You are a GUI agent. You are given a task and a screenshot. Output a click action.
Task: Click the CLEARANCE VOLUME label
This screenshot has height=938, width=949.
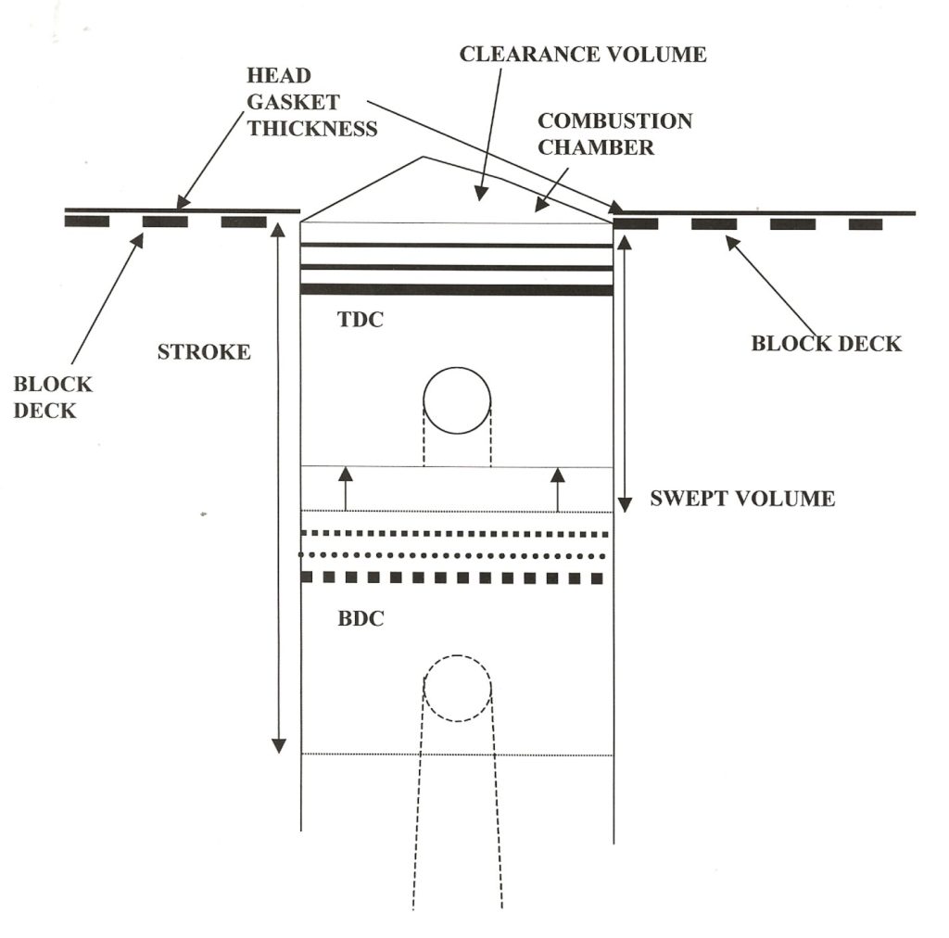pos(583,55)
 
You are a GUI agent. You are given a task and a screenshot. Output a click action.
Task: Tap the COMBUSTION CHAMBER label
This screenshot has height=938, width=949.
pos(614,134)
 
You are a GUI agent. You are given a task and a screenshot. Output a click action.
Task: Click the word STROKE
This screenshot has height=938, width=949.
pos(204,353)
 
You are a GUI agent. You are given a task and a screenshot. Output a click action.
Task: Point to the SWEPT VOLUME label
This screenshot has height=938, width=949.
pos(742,499)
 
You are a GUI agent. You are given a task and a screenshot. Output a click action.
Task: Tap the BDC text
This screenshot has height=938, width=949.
pos(361,619)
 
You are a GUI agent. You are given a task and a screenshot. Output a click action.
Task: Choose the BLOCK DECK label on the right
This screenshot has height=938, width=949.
pos(826,344)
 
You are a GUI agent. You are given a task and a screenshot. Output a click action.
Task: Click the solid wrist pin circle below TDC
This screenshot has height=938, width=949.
pos(457,400)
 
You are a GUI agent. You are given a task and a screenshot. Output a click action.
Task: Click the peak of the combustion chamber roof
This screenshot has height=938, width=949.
pos(424,158)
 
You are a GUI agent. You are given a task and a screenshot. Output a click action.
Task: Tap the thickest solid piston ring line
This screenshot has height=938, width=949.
pos(457,289)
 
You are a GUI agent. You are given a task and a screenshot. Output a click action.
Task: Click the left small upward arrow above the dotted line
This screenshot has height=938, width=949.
pos(346,475)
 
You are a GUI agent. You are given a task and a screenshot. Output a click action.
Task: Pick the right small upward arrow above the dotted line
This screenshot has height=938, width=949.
pos(557,475)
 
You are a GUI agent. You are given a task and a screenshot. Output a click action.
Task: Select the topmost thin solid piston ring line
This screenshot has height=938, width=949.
pos(457,245)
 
